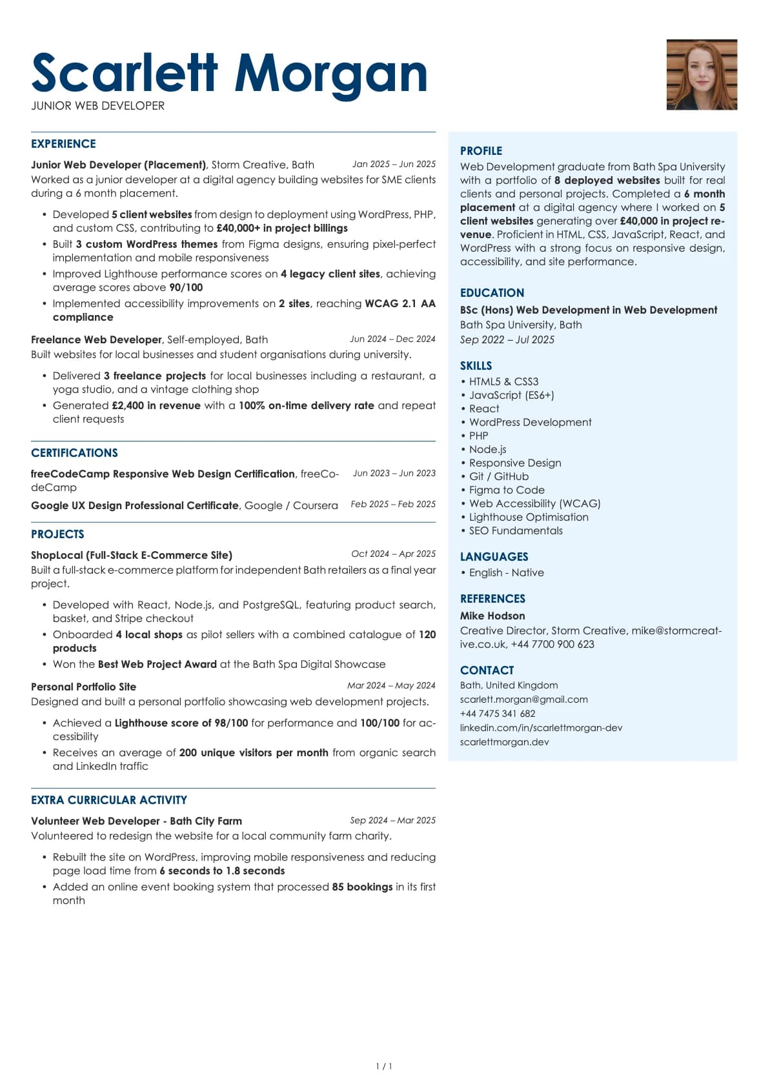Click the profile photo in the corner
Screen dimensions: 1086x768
coord(702,74)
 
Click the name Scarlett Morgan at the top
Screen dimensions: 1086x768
coord(229,74)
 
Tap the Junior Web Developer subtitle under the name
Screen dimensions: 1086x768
coord(97,106)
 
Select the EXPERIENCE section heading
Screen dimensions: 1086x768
coord(63,144)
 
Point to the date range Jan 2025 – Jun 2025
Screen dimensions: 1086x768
coord(394,165)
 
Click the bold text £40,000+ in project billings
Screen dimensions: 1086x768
coord(282,228)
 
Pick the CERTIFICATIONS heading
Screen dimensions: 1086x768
coord(74,453)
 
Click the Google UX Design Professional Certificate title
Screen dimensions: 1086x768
coord(135,505)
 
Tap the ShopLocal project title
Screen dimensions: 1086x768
coord(132,555)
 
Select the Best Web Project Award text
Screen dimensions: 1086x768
coord(157,664)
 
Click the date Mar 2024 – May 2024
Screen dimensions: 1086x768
coord(391,685)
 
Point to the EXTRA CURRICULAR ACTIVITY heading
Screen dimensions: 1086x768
coord(109,800)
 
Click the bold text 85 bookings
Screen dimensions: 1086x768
coord(362,887)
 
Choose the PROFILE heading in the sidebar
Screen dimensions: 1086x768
coord(481,151)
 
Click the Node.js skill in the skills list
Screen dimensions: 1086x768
coord(487,449)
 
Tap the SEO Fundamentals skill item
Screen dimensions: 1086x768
coord(516,530)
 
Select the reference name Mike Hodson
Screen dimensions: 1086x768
coord(492,616)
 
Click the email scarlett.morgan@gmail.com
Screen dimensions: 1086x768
coord(523,699)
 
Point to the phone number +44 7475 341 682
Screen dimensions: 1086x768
coord(498,714)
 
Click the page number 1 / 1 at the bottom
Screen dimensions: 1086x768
coord(384,1067)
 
